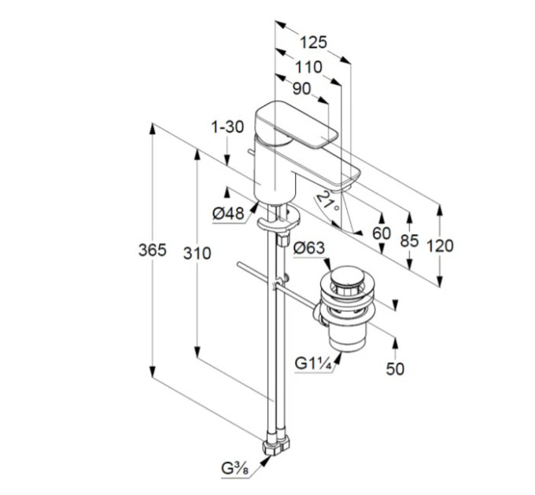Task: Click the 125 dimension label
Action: pyautogui.click(x=313, y=42)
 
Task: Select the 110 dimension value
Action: pyautogui.click(x=308, y=67)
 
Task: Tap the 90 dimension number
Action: pyautogui.click(x=302, y=89)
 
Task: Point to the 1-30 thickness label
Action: pyautogui.click(x=227, y=127)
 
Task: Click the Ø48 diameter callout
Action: pyautogui.click(x=228, y=214)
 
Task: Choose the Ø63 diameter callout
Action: pyautogui.click(x=308, y=248)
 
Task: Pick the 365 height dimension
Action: pyautogui.click(x=152, y=250)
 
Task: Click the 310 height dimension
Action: pyautogui.click(x=197, y=254)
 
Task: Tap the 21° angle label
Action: pyautogui.click(x=327, y=201)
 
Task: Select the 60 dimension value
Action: pyautogui.click(x=382, y=233)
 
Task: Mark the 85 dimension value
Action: pyautogui.click(x=409, y=241)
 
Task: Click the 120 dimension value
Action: pyautogui.click(x=440, y=246)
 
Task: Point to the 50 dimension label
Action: pyautogui.click(x=395, y=368)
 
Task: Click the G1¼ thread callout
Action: pyautogui.click(x=313, y=364)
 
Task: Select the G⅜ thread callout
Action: pyautogui.click(x=235, y=469)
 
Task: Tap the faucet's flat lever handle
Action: pyautogui.click(x=297, y=124)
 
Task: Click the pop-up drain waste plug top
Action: pyautogui.click(x=347, y=277)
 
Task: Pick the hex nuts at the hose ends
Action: pyautogui.click(x=276, y=445)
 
